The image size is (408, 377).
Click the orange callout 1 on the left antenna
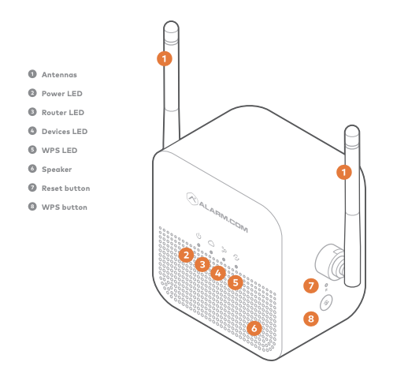point(164,58)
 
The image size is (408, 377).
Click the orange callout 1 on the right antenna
point(343,170)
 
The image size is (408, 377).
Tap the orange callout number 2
point(186,255)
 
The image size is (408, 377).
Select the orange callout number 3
point(202,264)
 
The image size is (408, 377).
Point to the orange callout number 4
point(218,273)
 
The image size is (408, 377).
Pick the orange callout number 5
point(236,282)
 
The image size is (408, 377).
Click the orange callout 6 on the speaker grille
point(253,327)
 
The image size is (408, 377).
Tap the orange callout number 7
point(310,286)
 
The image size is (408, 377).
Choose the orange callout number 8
point(310,319)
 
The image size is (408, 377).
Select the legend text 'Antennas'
point(59,74)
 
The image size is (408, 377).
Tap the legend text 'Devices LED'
point(65,131)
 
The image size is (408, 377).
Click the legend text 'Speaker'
point(57,169)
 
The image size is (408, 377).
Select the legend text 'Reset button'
point(65,188)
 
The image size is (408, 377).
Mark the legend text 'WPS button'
point(64,207)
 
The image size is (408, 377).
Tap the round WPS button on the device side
point(326,302)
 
